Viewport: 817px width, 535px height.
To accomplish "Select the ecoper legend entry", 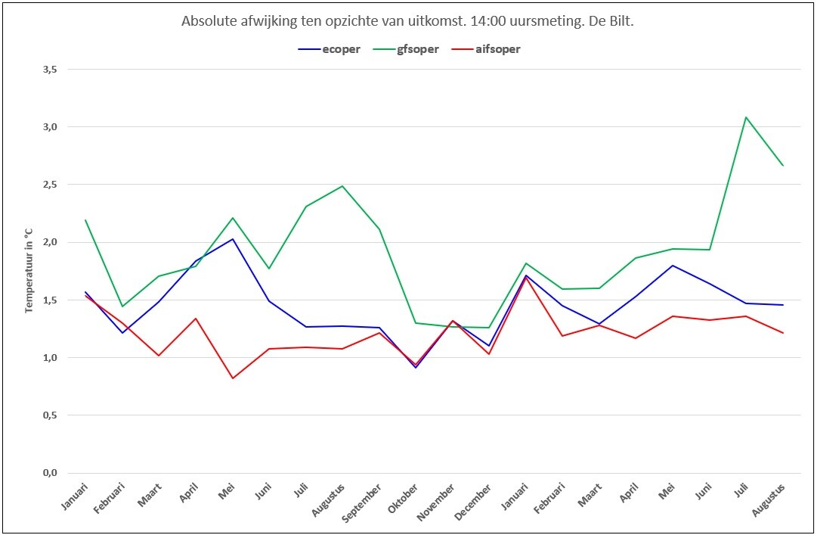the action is tap(329, 49).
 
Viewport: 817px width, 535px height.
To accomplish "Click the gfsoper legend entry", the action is tap(406, 49).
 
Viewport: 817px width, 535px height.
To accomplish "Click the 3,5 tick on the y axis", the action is tap(50, 70).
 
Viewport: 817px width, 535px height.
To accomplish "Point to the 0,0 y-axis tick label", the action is tap(50, 473).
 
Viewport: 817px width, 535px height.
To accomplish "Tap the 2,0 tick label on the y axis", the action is tap(50, 242).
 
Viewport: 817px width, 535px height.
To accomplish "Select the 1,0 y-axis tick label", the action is tap(50, 358).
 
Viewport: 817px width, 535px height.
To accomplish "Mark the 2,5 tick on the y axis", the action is tap(50, 185).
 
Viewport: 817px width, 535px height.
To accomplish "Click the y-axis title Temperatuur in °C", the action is tap(29, 271).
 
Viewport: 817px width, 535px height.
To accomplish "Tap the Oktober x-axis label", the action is tap(404, 499).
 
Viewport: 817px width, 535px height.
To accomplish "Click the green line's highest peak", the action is tap(746, 117).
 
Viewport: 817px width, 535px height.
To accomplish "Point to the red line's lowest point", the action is tap(232, 378).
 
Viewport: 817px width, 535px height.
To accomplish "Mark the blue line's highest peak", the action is tap(232, 239).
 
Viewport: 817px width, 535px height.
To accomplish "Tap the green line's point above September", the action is tap(379, 229).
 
